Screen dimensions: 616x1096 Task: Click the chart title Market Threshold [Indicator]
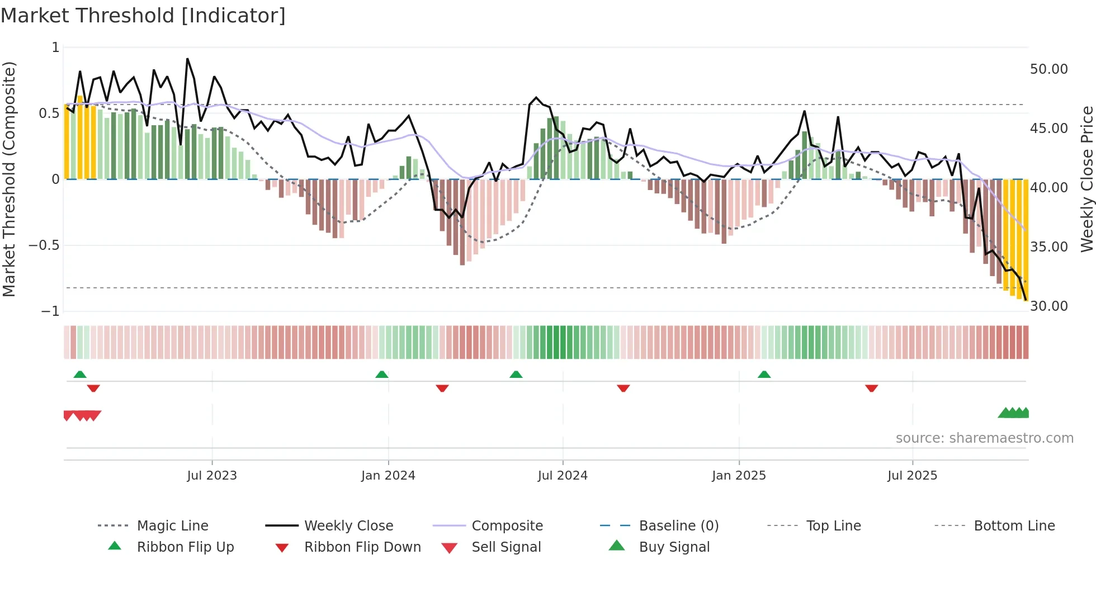click(143, 16)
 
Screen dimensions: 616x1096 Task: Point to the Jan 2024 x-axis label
click(388, 476)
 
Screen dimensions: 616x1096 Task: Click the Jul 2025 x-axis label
click(912, 476)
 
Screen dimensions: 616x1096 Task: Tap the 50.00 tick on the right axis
click(1048, 69)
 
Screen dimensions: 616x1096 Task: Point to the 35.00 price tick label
click(1048, 247)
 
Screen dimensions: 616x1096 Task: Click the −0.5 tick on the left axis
click(44, 245)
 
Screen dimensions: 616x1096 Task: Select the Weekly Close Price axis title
click(1086, 179)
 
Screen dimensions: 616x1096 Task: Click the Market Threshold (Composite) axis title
click(9, 179)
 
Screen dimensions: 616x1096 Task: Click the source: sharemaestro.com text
click(984, 438)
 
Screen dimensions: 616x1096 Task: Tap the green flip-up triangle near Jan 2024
click(382, 375)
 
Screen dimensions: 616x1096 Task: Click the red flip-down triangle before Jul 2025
click(871, 388)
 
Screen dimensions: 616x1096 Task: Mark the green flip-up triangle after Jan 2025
click(764, 375)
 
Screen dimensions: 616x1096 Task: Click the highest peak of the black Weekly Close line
click(187, 59)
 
